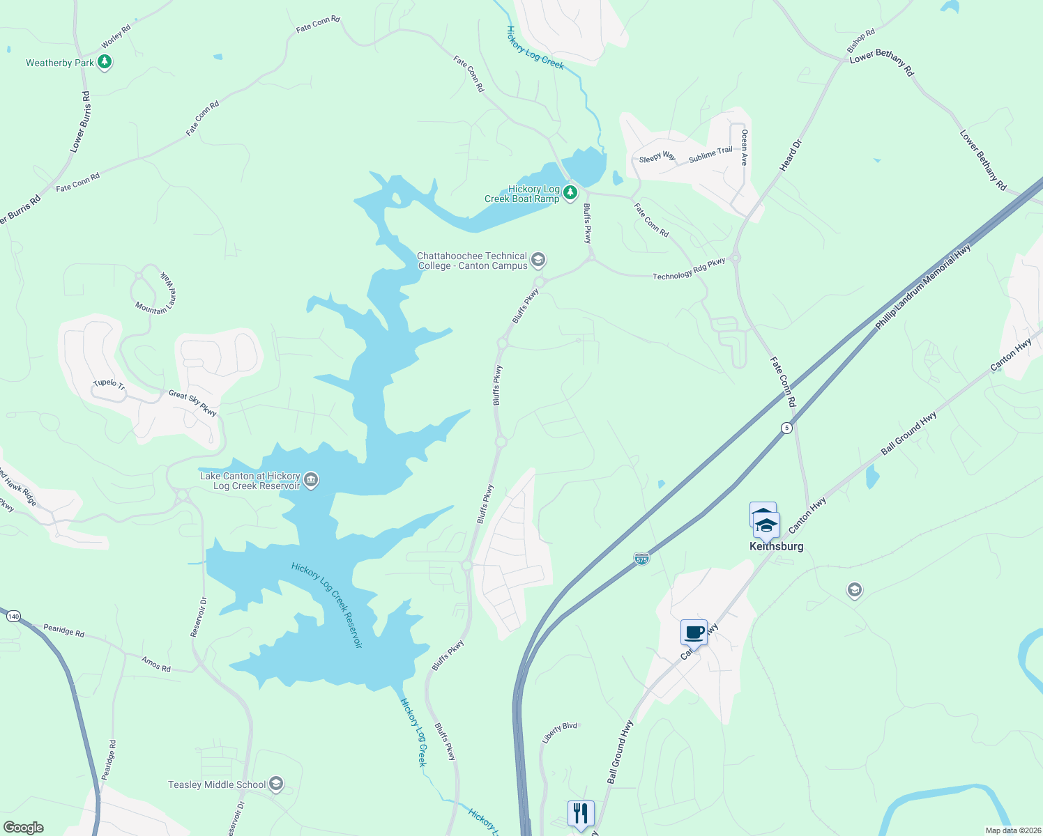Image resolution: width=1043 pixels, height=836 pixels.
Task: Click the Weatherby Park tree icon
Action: tap(105, 63)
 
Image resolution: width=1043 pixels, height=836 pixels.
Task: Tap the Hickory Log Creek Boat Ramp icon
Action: tap(570, 192)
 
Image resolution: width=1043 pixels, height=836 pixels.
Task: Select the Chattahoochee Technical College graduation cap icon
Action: tap(538, 261)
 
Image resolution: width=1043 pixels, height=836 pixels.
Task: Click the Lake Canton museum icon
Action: tap(311, 480)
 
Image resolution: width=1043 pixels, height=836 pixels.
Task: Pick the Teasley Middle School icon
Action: tap(276, 784)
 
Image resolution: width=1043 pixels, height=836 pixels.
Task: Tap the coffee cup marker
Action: tap(694, 633)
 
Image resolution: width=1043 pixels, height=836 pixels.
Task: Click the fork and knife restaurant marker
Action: tap(580, 813)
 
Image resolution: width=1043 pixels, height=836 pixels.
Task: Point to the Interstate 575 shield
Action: tap(641, 559)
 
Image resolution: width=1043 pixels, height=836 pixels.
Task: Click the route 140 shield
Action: tap(13, 617)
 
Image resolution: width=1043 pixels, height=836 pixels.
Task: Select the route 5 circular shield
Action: tap(786, 428)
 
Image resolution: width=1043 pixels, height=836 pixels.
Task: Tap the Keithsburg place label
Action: tap(776, 547)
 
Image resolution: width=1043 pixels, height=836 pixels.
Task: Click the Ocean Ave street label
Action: tap(745, 147)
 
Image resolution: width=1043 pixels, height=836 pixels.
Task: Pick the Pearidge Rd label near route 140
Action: tap(63, 630)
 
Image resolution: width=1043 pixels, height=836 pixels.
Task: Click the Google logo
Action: tap(23, 828)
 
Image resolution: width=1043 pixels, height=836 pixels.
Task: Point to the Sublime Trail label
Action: tap(710, 155)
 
